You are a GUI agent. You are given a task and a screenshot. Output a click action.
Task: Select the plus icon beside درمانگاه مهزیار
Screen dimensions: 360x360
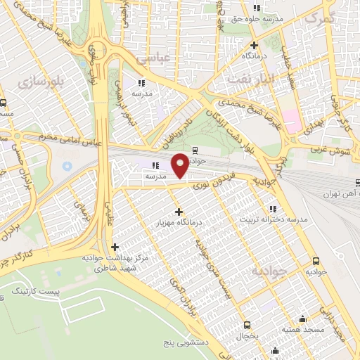click(x=179, y=211)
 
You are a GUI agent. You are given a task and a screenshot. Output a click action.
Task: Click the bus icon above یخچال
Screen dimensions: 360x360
click(x=247, y=325)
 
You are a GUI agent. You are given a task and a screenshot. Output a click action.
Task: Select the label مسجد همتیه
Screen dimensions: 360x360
click(x=303, y=329)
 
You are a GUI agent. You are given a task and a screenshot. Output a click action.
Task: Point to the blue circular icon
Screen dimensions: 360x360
click(x=67, y=166)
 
